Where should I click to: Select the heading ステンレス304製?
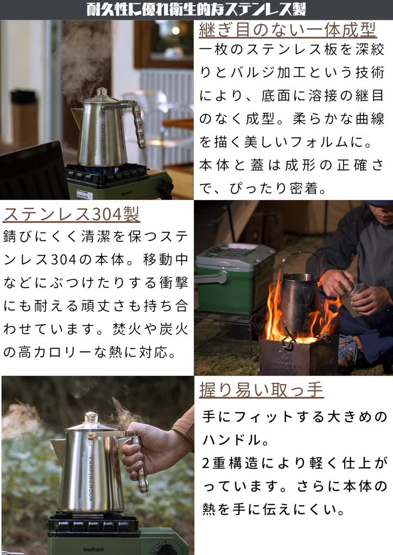tap(72, 214)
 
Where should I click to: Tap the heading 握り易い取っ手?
tap(262, 389)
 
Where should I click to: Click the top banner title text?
tap(196, 9)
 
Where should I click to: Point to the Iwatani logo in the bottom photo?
tap(93, 548)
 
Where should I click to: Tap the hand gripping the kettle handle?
tap(142, 450)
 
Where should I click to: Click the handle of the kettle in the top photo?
tap(138, 125)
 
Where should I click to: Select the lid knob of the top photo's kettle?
tap(102, 92)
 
